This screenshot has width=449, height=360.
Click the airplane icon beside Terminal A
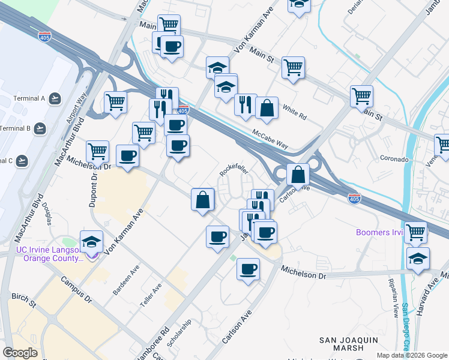(55, 98)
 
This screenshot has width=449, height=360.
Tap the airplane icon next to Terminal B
(40, 128)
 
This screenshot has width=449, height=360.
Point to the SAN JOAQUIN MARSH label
(349, 344)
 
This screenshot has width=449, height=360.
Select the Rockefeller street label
(234, 171)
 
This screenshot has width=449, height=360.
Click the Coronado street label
(394, 160)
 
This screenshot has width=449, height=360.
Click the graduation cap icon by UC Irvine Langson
(91, 242)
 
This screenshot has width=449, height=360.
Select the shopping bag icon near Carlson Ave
(298, 175)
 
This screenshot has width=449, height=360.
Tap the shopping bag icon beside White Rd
(267, 109)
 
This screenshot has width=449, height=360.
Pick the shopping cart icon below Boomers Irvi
(415, 232)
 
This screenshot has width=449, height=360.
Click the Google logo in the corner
(20, 353)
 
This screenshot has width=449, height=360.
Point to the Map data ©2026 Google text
(412, 355)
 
